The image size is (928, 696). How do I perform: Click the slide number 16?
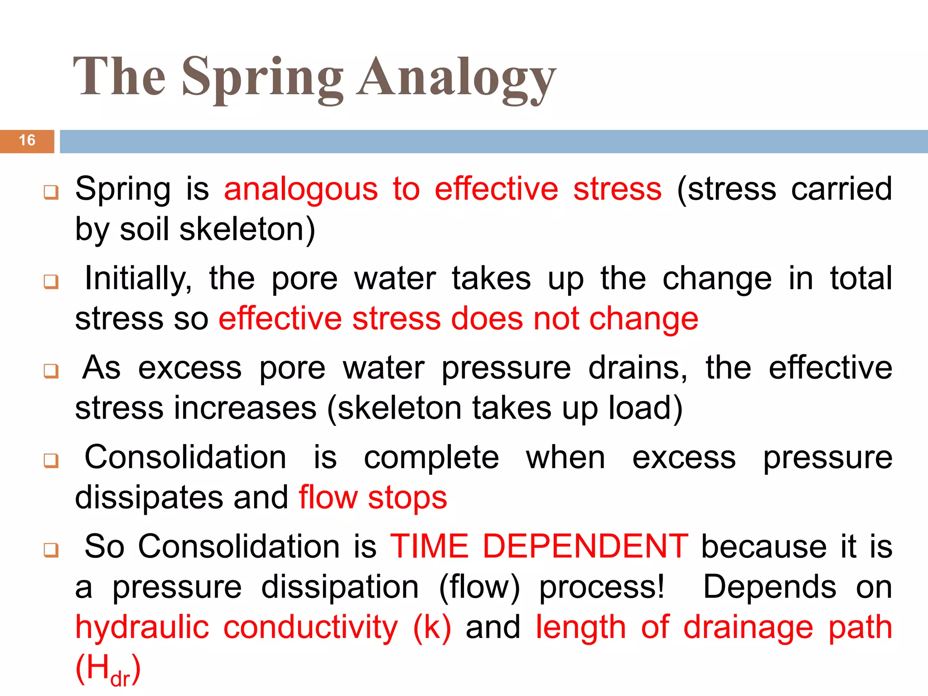[27, 140]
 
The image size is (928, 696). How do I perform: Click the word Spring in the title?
[263, 78]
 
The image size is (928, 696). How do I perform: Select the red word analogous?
[301, 189]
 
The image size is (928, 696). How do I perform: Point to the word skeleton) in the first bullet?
[247, 229]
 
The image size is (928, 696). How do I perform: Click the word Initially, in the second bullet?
[138, 278]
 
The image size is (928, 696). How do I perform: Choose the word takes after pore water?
[491, 278]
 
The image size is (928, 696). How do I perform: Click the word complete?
[431, 458]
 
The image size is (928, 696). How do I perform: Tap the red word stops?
[407, 498]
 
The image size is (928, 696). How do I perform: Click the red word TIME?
[429, 546]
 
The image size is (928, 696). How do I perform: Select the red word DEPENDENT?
[585, 546]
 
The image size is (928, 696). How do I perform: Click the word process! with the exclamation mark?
[602, 587]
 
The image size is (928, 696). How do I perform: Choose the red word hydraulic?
[142, 628]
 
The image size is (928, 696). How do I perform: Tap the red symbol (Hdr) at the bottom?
[108, 669]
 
